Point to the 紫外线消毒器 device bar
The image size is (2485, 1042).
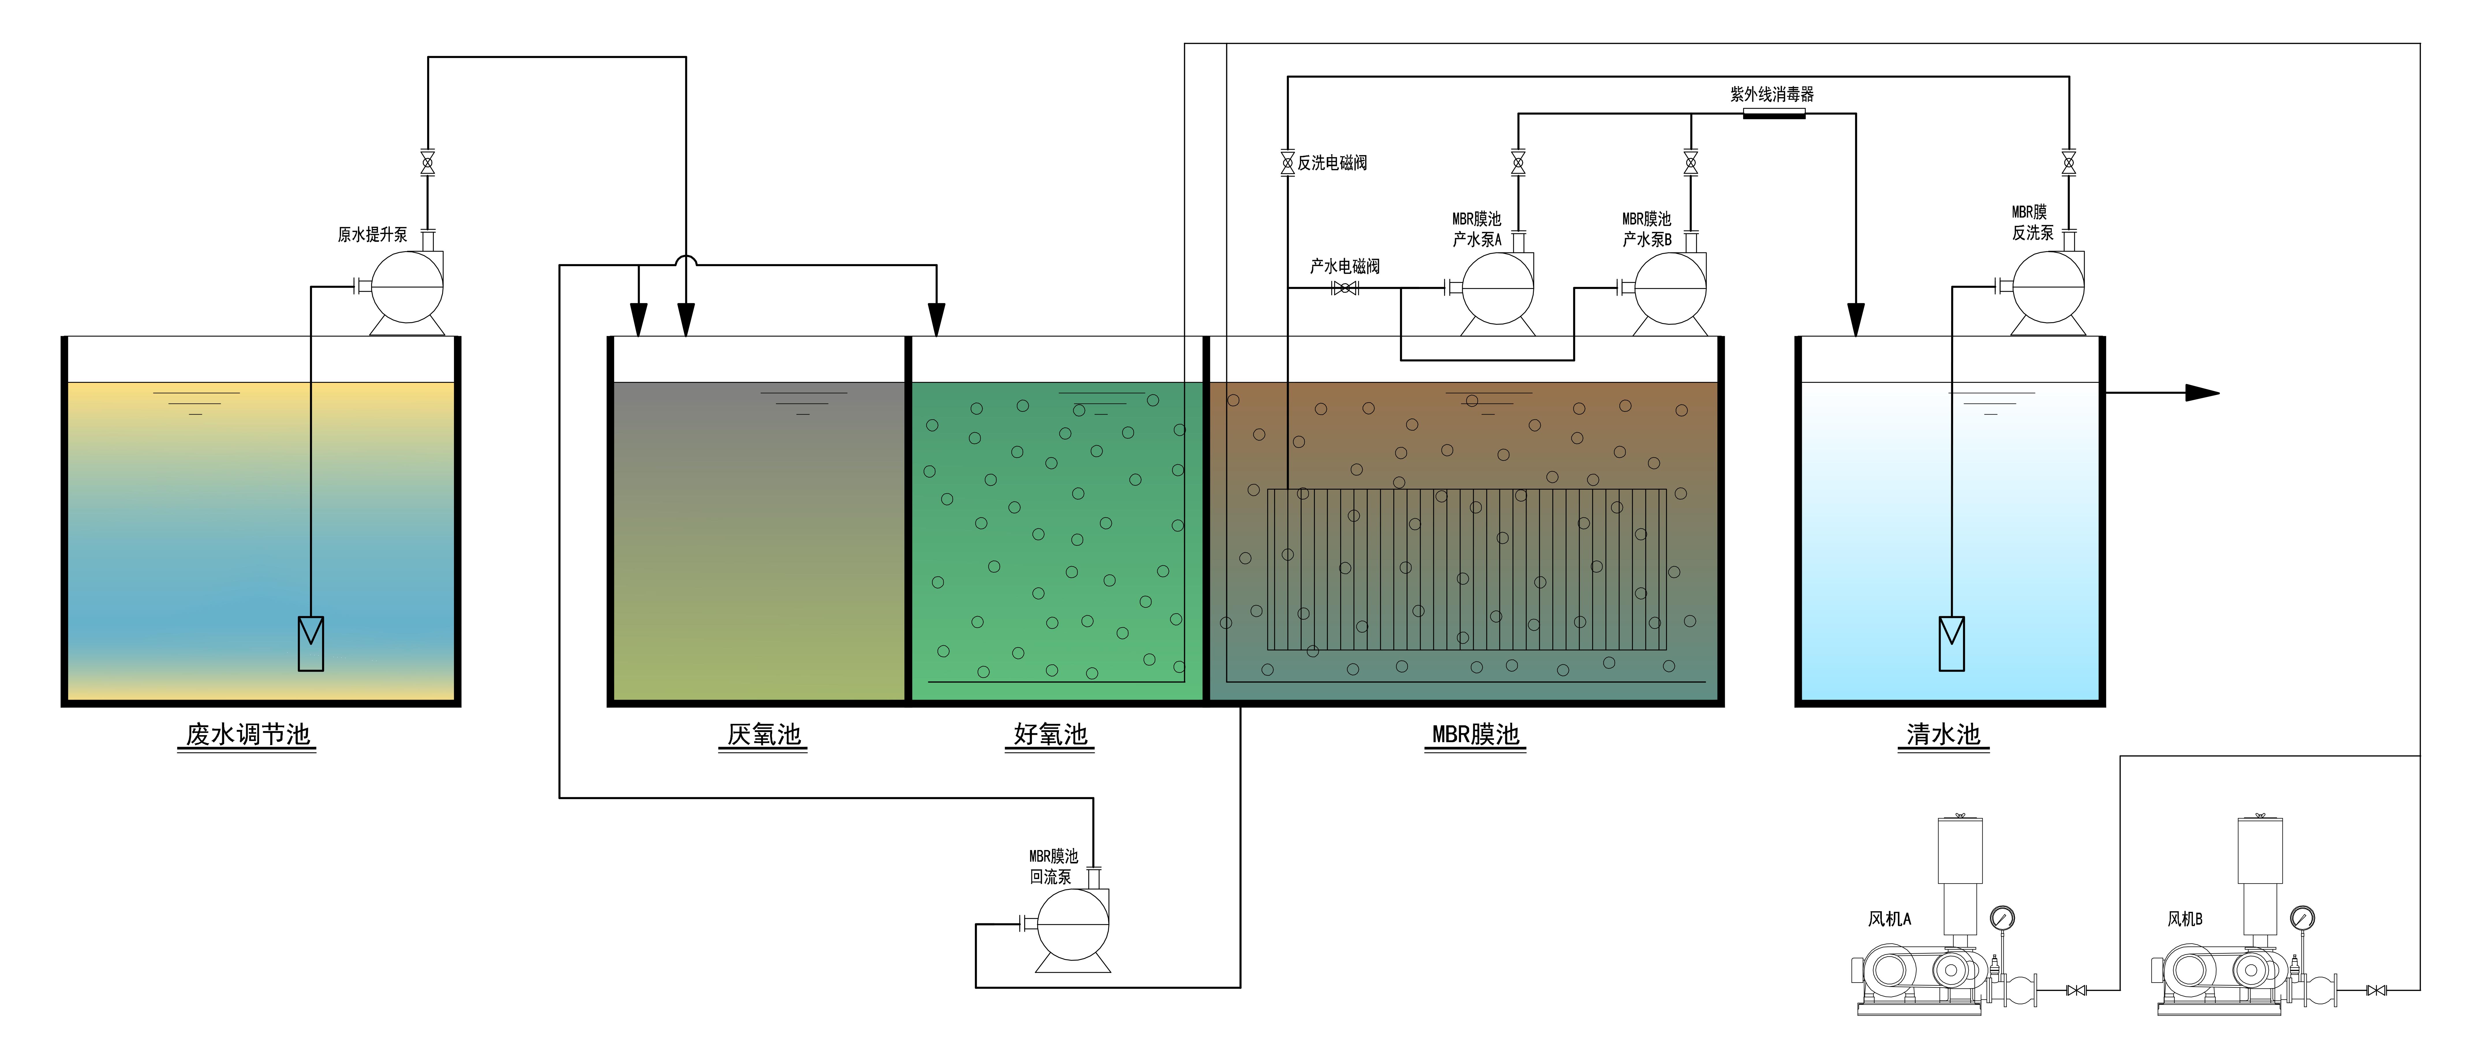click(x=1774, y=114)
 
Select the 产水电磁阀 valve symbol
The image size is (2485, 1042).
click(x=1345, y=288)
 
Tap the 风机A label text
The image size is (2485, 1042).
click(x=1889, y=918)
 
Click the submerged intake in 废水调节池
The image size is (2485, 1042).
click(x=311, y=644)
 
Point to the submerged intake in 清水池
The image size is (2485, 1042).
click(x=1951, y=644)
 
